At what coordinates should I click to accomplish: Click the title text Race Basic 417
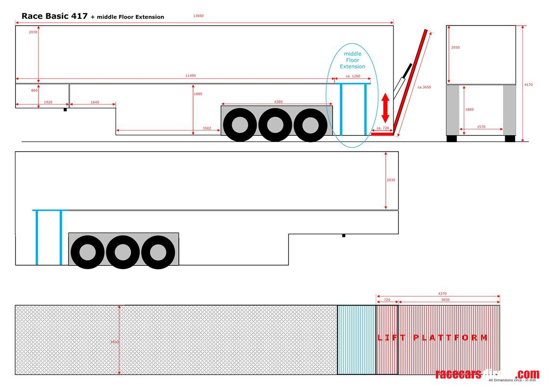point(54,16)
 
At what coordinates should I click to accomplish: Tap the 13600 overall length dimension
point(198,16)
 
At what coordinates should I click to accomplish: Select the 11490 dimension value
point(191,76)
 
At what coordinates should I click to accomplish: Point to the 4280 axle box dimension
point(278,102)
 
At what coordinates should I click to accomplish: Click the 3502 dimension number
point(207,128)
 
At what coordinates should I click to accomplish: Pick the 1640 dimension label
point(94,102)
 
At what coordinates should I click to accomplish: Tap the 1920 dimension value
point(48,102)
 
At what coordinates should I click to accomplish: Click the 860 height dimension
point(34,91)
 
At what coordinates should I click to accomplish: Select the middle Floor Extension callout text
point(353,60)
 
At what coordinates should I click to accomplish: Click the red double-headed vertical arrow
point(385,109)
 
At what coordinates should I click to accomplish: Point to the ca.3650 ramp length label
point(424,87)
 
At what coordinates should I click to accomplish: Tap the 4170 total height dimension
point(528,85)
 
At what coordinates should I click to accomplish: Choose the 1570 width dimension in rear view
point(481,127)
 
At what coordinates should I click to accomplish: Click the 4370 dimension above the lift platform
point(442,294)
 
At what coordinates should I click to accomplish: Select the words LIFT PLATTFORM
point(432,337)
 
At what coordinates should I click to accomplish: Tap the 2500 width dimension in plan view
point(114,342)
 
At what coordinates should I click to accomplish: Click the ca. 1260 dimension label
point(353,76)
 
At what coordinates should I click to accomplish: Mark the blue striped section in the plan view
point(356,339)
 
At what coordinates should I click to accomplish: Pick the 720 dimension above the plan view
point(387,300)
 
